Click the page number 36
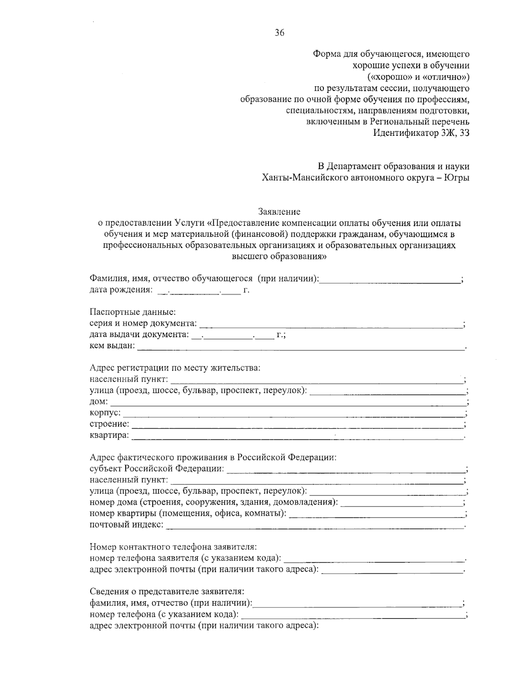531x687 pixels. [279, 32]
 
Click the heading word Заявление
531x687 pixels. [279, 212]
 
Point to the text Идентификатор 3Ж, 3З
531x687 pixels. [421, 132]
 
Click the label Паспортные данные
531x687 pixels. [132, 312]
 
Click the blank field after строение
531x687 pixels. [297, 425]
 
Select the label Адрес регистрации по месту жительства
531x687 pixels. [175, 368]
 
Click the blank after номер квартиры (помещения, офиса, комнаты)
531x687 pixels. [375, 514]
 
